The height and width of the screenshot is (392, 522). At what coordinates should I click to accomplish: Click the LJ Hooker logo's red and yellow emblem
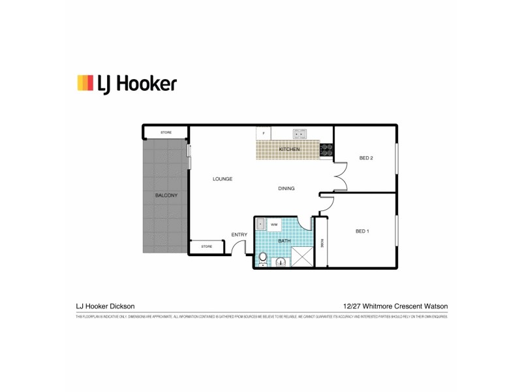86,82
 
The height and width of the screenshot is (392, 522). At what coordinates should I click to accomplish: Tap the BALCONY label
166,195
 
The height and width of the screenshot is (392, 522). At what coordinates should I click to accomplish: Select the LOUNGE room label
222,179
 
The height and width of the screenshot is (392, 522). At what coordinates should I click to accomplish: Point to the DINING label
286,188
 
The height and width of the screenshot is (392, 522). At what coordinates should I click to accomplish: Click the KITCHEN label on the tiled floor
289,150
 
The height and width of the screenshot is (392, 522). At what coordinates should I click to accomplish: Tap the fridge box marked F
264,133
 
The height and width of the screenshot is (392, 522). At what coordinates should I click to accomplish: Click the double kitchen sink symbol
299,133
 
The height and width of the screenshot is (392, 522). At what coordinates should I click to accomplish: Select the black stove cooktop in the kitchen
326,151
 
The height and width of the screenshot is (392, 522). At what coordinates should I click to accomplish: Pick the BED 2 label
365,158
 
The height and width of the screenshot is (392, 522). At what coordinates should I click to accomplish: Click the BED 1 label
363,231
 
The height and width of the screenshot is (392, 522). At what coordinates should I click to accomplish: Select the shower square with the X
301,257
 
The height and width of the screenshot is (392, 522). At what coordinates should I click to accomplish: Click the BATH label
284,241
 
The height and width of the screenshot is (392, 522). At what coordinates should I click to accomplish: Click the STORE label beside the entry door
206,246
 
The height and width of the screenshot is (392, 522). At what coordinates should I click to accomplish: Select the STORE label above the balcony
166,133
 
